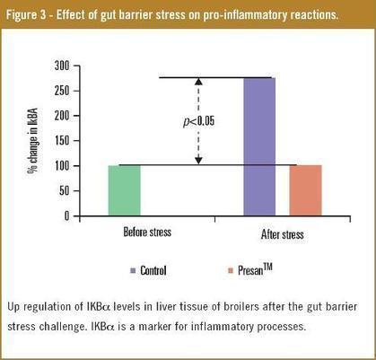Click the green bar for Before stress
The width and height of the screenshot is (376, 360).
click(x=124, y=189)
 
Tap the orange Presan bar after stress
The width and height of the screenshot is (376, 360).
click(x=304, y=189)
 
